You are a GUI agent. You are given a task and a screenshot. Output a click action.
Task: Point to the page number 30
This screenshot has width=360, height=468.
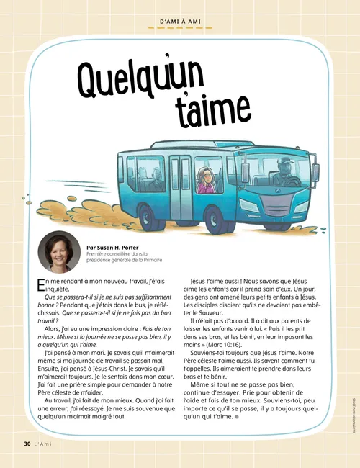19,444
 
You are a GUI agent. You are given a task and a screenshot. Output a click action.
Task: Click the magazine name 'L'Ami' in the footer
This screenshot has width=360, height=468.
41,444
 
